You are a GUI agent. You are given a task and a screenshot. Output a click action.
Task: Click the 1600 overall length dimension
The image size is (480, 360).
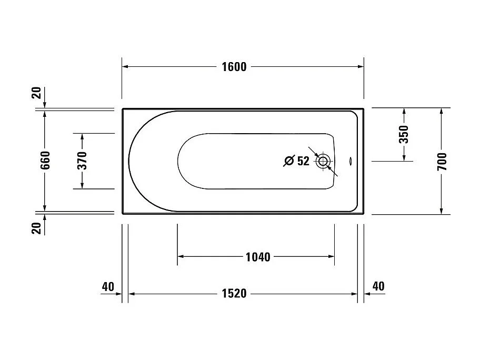click(234, 67)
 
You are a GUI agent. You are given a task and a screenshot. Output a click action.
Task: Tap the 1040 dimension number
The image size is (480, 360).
click(258, 257)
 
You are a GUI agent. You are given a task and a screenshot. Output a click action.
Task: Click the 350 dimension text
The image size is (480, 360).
click(404, 135)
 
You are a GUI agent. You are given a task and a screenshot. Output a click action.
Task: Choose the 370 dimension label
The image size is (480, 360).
click(82, 161)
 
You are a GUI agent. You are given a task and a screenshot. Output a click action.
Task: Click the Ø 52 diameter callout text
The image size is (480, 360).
click(297, 161)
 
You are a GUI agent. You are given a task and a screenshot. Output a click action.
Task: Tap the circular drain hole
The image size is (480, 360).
click(322, 161)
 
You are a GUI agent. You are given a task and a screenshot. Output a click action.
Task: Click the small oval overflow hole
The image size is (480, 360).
click(353, 161)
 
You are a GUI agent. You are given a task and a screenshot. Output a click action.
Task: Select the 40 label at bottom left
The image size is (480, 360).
click(108, 287)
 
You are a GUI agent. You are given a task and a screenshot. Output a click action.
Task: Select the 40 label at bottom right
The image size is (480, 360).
click(378, 286)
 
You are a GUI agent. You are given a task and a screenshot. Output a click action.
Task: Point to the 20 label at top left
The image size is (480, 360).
click(36, 93)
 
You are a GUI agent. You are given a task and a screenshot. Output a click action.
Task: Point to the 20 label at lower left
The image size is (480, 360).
click(36, 228)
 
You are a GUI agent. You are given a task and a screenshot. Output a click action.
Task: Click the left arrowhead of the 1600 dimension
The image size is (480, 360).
click(126, 67)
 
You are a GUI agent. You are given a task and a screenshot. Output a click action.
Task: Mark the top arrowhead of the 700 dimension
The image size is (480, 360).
click(441, 111)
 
